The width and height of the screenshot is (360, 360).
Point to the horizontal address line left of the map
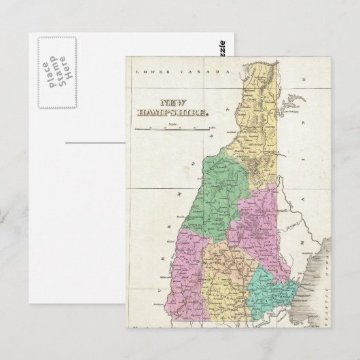tap(96, 143)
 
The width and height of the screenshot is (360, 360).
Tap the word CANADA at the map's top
tap(206, 71)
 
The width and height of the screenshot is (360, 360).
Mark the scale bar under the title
tap(173, 127)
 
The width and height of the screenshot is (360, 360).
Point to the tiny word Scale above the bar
tap(173, 123)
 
